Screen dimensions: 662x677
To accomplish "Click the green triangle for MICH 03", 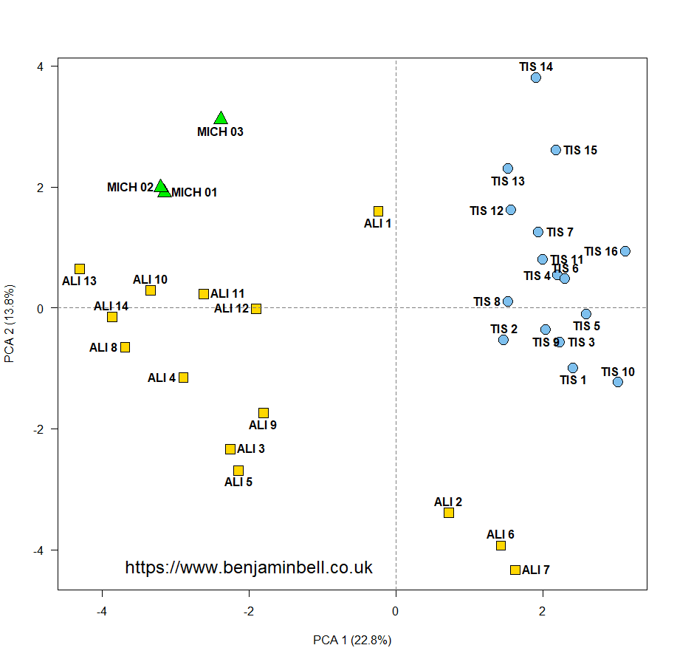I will (x=220, y=119).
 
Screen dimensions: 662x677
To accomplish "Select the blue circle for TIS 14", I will (x=535, y=78).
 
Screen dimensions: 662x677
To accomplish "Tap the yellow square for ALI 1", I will (x=378, y=211).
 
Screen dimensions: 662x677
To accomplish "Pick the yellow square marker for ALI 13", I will (x=80, y=269).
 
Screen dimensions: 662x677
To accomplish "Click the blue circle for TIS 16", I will (x=625, y=251).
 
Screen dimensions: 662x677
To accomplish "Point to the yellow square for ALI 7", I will (x=515, y=570).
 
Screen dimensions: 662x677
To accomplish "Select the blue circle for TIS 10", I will (x=617, y=382).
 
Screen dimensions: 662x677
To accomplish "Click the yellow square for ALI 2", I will (x=448, y=513).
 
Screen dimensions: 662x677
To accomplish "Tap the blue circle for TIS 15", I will (x=556, y=150).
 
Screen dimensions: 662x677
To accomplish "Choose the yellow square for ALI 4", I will (x=183, y=378).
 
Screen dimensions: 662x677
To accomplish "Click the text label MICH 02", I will (x=130, y=188).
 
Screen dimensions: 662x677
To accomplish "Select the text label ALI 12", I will (x=232, y=308).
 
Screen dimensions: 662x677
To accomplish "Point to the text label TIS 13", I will (x=508, y=181).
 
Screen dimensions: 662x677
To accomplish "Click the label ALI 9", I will (x=263, y=426).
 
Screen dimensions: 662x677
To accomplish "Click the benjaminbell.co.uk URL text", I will (x=249, y=567).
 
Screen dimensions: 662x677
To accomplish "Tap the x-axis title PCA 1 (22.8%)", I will (x=352, y=639).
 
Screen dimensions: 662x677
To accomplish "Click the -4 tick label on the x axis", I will (x=102, y=611).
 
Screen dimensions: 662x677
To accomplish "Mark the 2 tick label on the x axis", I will (x=543, y=611).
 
